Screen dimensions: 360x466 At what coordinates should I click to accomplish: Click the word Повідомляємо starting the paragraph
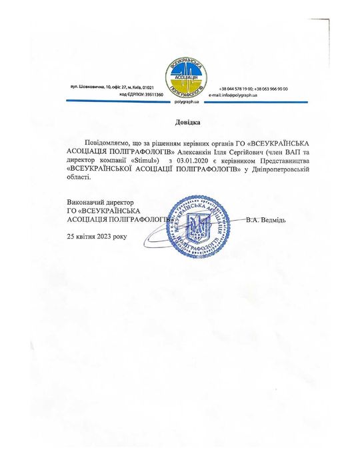pos(107,143)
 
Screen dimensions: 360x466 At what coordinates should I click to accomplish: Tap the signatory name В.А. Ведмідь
pos(265,219)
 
